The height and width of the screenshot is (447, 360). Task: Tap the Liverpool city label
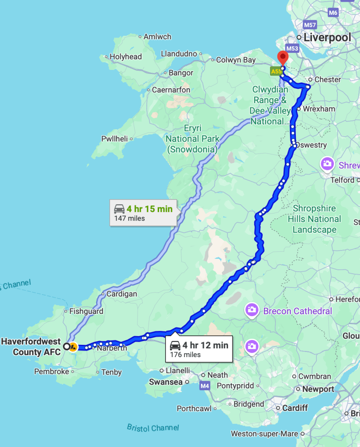pos(327,38)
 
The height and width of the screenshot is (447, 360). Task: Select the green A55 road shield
pos(276,71)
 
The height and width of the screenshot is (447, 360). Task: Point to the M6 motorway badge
pos(333,13)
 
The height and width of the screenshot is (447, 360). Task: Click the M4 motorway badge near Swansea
pos(205,386)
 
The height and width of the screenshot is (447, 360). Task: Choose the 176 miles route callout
pos(199,349)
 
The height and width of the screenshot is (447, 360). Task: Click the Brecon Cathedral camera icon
pos(251,310)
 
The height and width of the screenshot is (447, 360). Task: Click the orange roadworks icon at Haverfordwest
pos(73,347)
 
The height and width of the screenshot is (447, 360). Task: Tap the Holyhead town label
pos(126,57)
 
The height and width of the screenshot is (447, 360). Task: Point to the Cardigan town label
pos(122,294)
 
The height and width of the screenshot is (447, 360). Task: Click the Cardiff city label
pos(295,408)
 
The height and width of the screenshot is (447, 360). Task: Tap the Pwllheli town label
pos(114,139)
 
